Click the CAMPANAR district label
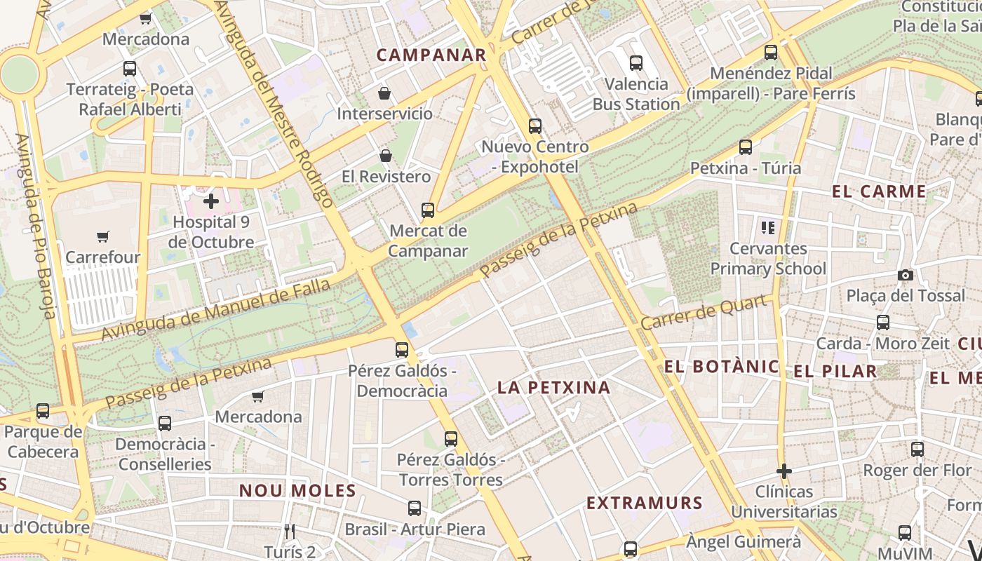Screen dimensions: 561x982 431,55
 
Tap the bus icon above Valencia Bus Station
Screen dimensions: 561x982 636,63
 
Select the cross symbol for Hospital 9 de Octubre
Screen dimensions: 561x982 210,202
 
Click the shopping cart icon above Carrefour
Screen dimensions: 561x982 103,236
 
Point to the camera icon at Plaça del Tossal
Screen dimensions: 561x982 906,275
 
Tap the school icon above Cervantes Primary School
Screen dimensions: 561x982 768,227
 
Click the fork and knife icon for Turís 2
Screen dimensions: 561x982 290,531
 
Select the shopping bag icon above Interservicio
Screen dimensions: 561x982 384,93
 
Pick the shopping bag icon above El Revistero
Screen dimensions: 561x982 385,155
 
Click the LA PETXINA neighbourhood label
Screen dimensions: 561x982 554,387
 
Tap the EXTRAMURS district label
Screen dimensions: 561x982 645,503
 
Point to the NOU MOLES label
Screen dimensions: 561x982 298,490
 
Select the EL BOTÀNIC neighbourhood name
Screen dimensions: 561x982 722,366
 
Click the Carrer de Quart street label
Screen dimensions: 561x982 703,313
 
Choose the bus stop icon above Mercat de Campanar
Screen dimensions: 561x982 427,210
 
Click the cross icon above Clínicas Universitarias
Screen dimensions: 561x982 784,471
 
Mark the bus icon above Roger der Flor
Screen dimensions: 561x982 917,450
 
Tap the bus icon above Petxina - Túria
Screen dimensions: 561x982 746,147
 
